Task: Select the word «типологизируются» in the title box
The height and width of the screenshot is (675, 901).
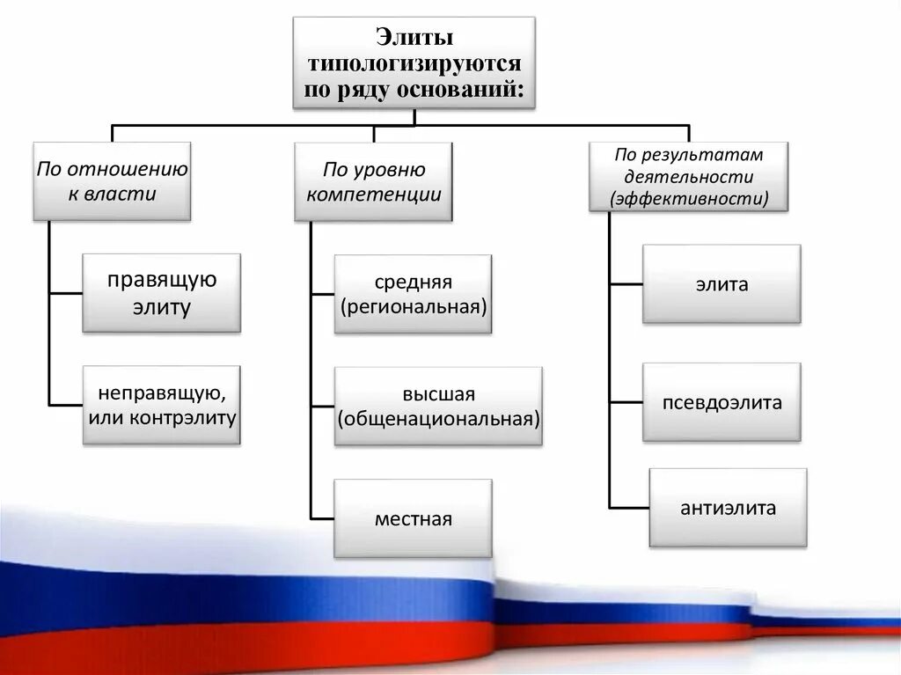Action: click(x=414, y=64)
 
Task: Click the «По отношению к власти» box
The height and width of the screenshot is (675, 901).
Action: click(x=112, y=181)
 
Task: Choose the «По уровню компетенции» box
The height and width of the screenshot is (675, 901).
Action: click(x=374, y=181)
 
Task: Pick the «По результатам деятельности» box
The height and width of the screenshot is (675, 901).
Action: click(x=688, y=177)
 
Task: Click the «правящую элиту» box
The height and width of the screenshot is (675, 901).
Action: click(x=162, y=293)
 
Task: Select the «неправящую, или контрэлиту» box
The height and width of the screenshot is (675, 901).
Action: click(x=162, y=405)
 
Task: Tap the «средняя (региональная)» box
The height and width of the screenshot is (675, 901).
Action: click(x=413, y=294)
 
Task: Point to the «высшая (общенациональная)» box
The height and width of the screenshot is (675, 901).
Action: click(x=438, y=406)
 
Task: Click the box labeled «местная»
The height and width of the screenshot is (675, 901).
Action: click(x=413, y=518)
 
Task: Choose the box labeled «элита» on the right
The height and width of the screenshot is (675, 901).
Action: click(x=722, y=284)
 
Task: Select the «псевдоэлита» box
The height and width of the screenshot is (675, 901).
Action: click(x=722, y=402)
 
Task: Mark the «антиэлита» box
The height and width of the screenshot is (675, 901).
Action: click(x=728, y=508)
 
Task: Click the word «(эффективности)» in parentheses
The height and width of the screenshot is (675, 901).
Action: click(x=689, y=199)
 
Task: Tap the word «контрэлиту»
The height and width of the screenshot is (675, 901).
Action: click(x=182, y=416)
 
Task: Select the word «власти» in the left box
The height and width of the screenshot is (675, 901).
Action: click(x=123, y=194)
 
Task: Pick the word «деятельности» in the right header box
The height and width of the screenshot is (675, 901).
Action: click(x=688, y=177)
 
